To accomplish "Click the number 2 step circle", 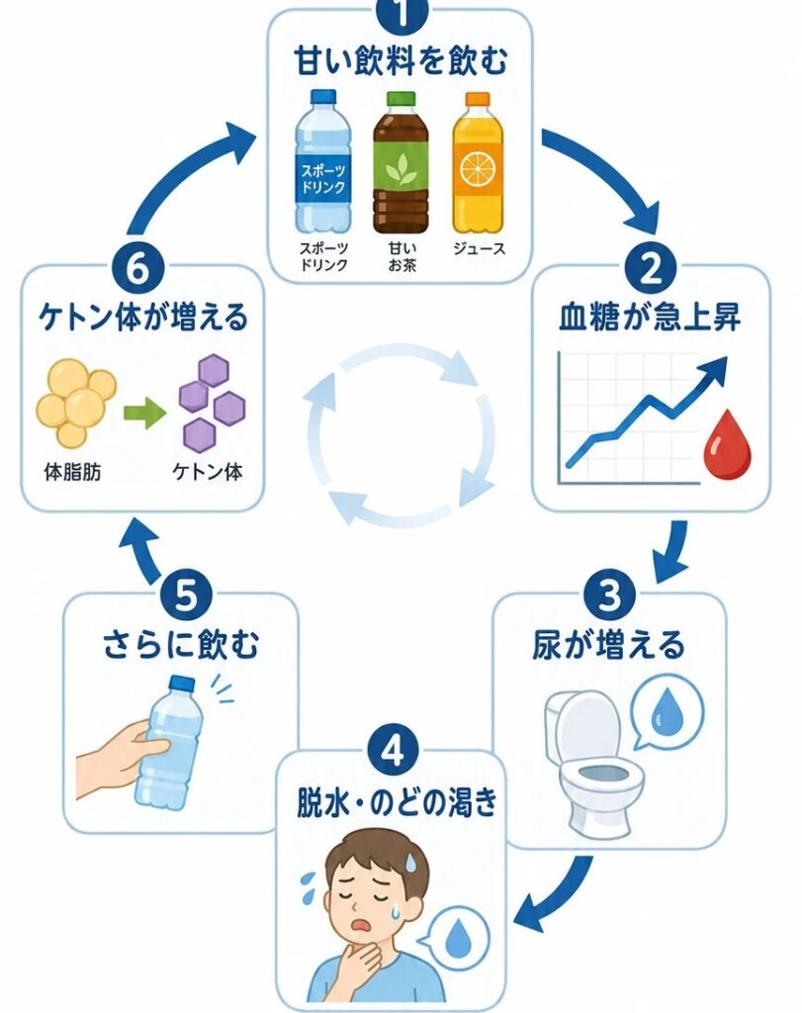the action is click(651, 269).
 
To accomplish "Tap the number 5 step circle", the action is click(186, 595).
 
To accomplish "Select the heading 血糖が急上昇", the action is click(651, 318).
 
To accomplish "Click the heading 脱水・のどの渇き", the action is click(398, 801).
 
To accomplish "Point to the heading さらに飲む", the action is click(181, 645).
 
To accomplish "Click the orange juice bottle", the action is click(478, 163).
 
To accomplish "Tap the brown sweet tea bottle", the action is click(401, 163).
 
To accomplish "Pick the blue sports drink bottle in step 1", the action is click(323, 161).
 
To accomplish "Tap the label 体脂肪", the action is click(72, 472).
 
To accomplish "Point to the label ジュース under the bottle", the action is click(479, 248).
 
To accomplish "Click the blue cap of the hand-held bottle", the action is click(181, 685).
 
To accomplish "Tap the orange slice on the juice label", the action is click(478, 170).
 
